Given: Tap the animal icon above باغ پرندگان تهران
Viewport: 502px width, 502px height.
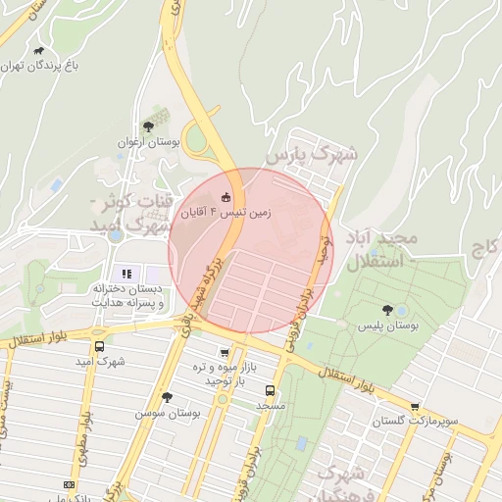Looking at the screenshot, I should tap(38, 50).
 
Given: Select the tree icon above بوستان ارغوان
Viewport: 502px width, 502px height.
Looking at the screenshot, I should tap(147, 125).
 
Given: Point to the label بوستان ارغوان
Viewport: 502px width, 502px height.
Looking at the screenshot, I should tap(145, 142).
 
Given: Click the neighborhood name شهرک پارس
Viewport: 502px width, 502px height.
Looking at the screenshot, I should tap(313, 155).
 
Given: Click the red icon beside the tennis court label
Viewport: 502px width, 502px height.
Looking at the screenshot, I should tap(227, 195).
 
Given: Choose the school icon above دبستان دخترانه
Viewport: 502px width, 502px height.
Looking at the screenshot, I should tap(125, 273).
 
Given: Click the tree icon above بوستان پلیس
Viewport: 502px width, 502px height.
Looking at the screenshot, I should tap(386, 310).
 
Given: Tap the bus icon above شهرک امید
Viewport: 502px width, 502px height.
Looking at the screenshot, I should tap(99, 346).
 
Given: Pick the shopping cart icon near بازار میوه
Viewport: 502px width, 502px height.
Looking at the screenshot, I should tap(226, 353).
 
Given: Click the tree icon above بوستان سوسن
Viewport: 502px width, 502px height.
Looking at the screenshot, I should tap(167, 398).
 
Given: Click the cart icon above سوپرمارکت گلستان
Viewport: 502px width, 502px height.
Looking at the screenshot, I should tap(415, 406).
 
